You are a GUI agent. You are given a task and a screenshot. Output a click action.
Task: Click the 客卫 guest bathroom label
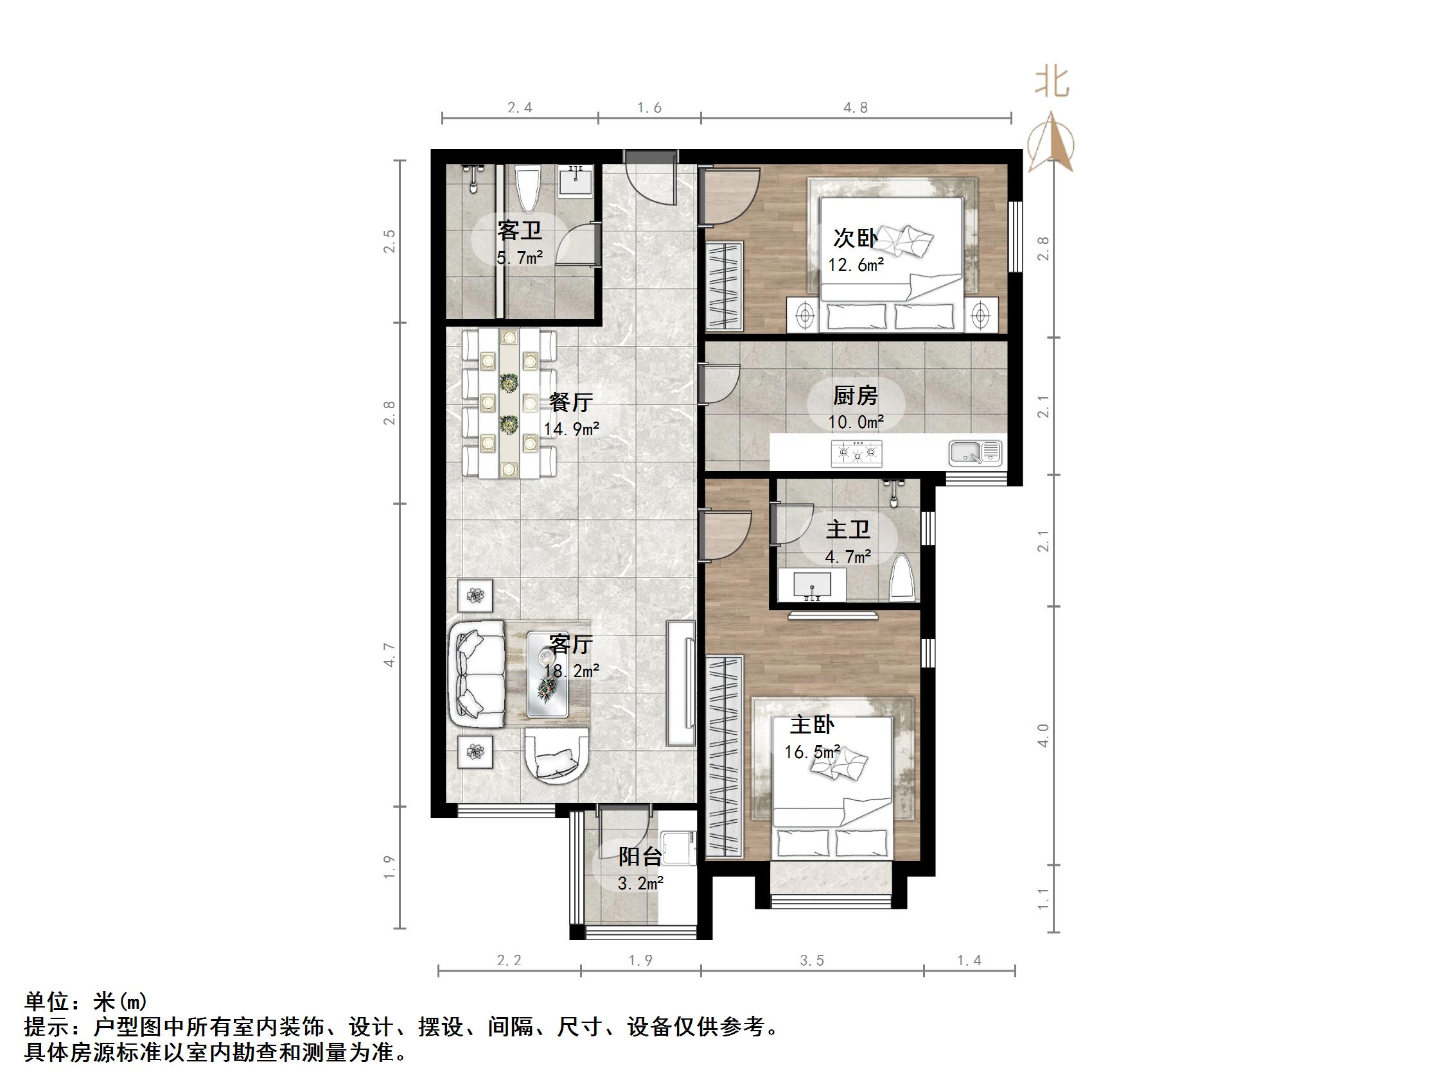click(x=519, y=230)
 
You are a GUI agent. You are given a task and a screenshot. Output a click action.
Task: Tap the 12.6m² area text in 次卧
click(x=855, y=265)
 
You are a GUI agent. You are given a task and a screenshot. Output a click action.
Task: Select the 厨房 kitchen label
click(x=855, y=396)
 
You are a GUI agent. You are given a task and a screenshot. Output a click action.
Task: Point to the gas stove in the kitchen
click(x=856, y=453)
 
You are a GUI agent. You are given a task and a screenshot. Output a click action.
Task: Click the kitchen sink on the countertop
click(x=974, y=452)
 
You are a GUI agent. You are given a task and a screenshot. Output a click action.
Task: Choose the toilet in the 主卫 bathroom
click(x=903, y=579)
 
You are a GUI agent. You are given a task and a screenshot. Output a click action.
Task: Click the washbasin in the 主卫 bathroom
click(x=812, y=585)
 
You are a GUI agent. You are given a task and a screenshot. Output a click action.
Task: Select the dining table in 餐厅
click(x=509, y=404)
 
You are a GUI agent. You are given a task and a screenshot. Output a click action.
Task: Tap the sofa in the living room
click(x=476, y=674)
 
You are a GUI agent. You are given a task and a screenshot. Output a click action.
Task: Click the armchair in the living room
click(x=556, y=758)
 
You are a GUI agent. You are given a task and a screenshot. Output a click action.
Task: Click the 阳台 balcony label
click(x=640, y=857)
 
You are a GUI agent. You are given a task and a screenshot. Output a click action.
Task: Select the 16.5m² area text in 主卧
click(x=812, y=751)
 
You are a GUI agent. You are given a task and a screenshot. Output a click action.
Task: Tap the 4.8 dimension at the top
click(x=855, y=108)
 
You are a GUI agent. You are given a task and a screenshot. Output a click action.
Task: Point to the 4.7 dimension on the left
click(x=390, y=655)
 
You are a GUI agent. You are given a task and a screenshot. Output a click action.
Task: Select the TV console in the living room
click(x=681, y=683)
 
